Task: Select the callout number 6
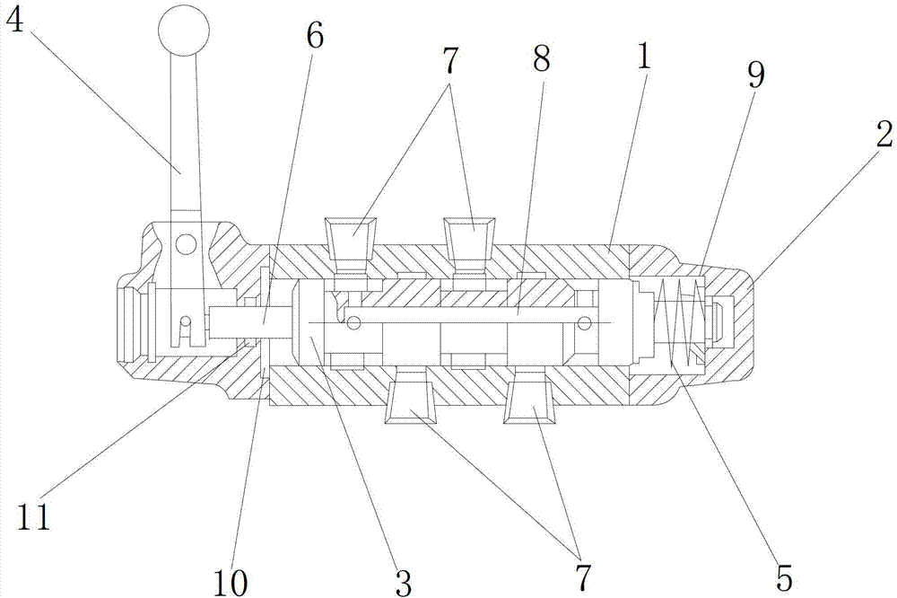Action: click(x=314, y=36)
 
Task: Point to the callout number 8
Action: click(x=540, y=62)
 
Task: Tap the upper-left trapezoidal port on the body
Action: click(x=352, y=238)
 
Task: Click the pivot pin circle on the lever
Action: click(x=187, y=242)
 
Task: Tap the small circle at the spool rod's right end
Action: click(x=585, y=322)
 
